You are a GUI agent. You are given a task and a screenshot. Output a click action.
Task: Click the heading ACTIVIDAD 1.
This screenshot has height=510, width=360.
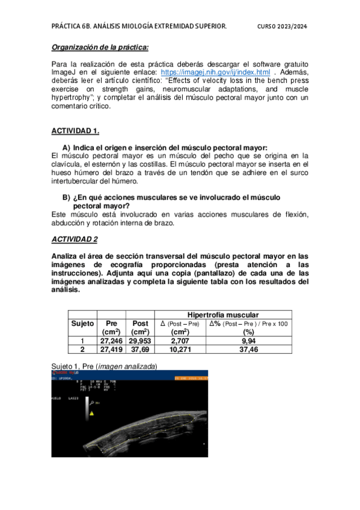(x=75, y=131)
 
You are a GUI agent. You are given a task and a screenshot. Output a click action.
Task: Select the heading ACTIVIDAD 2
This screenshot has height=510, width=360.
(x=75, y=239)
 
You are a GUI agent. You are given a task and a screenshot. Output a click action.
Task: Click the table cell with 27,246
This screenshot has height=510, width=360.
(x=111, y=340)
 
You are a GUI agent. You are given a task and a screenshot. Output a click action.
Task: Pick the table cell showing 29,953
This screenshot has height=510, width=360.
(x=140, y=340)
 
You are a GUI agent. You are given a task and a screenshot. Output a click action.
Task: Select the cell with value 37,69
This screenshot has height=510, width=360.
(x=140, y=349)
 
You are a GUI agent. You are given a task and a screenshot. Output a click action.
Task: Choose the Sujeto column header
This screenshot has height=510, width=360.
(x=82, y=323)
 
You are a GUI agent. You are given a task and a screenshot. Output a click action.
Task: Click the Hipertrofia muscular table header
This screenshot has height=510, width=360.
(x=224, y=315)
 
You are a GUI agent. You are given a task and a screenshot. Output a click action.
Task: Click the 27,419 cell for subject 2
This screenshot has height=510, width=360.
(x=111, y=349)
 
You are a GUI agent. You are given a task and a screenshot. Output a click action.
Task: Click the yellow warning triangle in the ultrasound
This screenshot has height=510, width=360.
(x=92, y=414)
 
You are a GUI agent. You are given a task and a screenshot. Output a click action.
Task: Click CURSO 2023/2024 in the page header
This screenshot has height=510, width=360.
(x=282, y=26)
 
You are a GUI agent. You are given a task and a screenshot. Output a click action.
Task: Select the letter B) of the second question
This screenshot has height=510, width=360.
(x=67, y=197)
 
